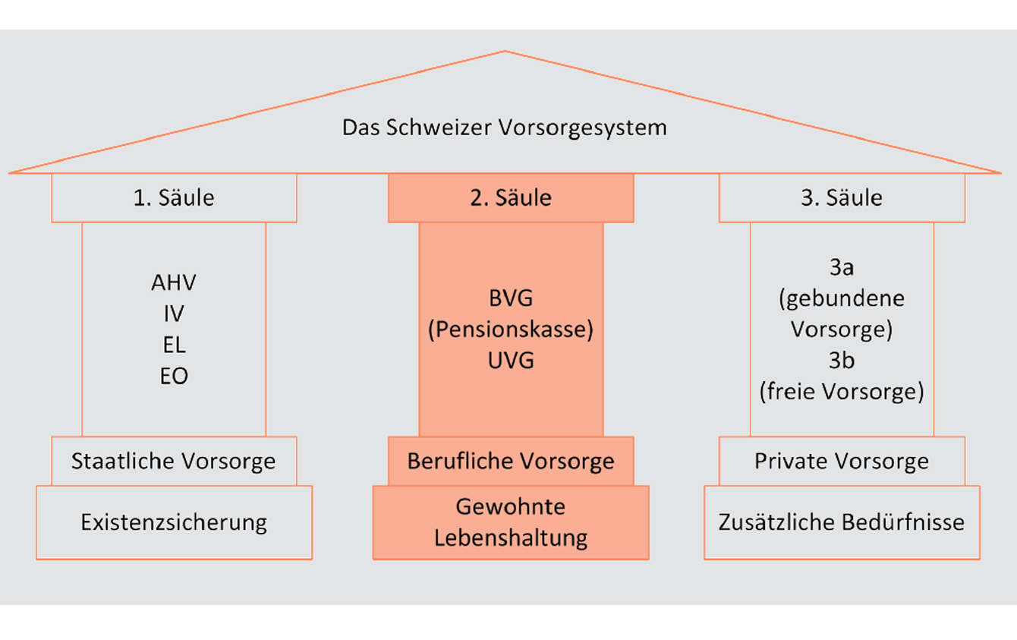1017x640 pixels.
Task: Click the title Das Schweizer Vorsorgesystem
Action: [x=504, y=127]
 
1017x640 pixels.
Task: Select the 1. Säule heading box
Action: [x=174, y=198]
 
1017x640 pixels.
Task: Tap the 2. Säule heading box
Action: [x=511, y=198]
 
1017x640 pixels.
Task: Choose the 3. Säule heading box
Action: [x=842, y=198]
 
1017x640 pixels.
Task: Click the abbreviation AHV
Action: [x=174, y=282]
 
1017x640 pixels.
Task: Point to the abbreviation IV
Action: [x=174, y=314]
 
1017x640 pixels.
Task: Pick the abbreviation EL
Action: [x=174, y=345]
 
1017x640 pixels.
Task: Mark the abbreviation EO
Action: [x=174, y=376]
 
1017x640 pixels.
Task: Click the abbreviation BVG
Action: [x=511, y=298]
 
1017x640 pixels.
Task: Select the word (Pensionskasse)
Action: [x=511, y=329]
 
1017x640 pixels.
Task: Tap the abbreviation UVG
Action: [x=511, y=361]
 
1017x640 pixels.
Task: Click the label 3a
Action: [x=842, y=267]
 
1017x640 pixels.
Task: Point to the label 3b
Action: [x=842, y=361]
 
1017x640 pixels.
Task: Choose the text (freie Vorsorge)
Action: [x=842, y=393]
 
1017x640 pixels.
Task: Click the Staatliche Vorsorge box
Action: [x=174, y=461]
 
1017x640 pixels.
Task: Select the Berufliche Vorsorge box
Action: [x=511, y=461]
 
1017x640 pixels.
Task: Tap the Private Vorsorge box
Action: [x=842, y=461]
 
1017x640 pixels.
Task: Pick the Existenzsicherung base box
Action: [x=174, y=522]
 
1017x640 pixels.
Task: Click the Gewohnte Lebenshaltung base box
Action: [x=511, y=522]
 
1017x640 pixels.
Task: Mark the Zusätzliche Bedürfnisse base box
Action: [x=842, y=522]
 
